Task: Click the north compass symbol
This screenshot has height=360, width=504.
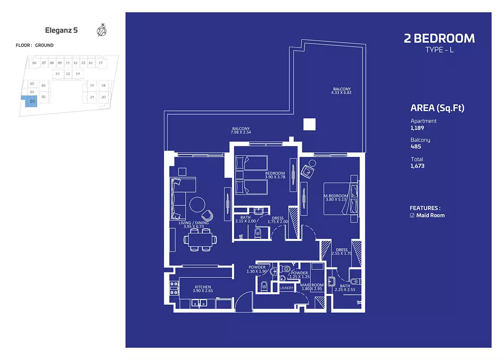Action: click(102, 30)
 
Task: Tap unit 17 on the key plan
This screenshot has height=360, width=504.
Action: click(100, 63)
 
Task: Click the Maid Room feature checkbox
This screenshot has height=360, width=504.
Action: click(412, 215)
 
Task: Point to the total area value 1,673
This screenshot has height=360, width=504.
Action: click(417, 166)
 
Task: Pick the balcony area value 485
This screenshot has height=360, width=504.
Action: click(415, 147)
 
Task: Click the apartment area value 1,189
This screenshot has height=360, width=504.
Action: click(417, 128)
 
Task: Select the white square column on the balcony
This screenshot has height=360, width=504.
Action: click(310, 124)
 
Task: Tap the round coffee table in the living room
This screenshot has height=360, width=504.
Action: click(197, 205)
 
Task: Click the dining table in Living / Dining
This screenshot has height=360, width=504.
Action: click(200, 240)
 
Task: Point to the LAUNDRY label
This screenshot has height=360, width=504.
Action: click(286, 288)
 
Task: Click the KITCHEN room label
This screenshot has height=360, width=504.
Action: click(203, 287)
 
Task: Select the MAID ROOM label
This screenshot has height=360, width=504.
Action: click(312, 285)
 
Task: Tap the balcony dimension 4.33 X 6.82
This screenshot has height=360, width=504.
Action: click(341, 92)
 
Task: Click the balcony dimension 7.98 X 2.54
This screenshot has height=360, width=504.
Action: click(241, 132)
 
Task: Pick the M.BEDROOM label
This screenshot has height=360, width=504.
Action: click(336, 196)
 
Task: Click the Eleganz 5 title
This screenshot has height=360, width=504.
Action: click(61, 30)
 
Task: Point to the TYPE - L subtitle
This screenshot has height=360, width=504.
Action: click(439, 50)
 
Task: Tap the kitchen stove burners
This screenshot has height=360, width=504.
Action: click(174, 288)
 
